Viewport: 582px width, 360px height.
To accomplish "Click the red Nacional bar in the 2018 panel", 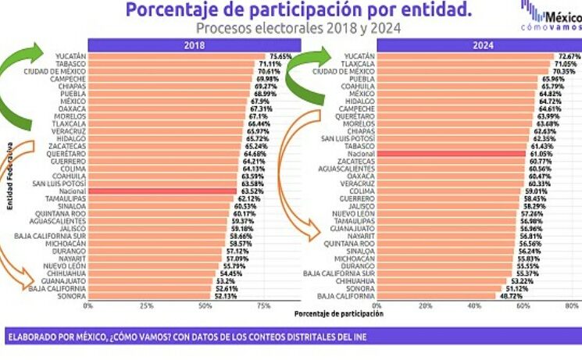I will point(162,191).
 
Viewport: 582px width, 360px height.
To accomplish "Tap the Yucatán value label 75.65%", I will point(281,56).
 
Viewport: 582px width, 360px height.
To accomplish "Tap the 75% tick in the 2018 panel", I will point(264,306).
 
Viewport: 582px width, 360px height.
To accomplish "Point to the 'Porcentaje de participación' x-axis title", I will point(338,314).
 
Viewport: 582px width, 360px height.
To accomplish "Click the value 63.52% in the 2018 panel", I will point(250,191).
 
